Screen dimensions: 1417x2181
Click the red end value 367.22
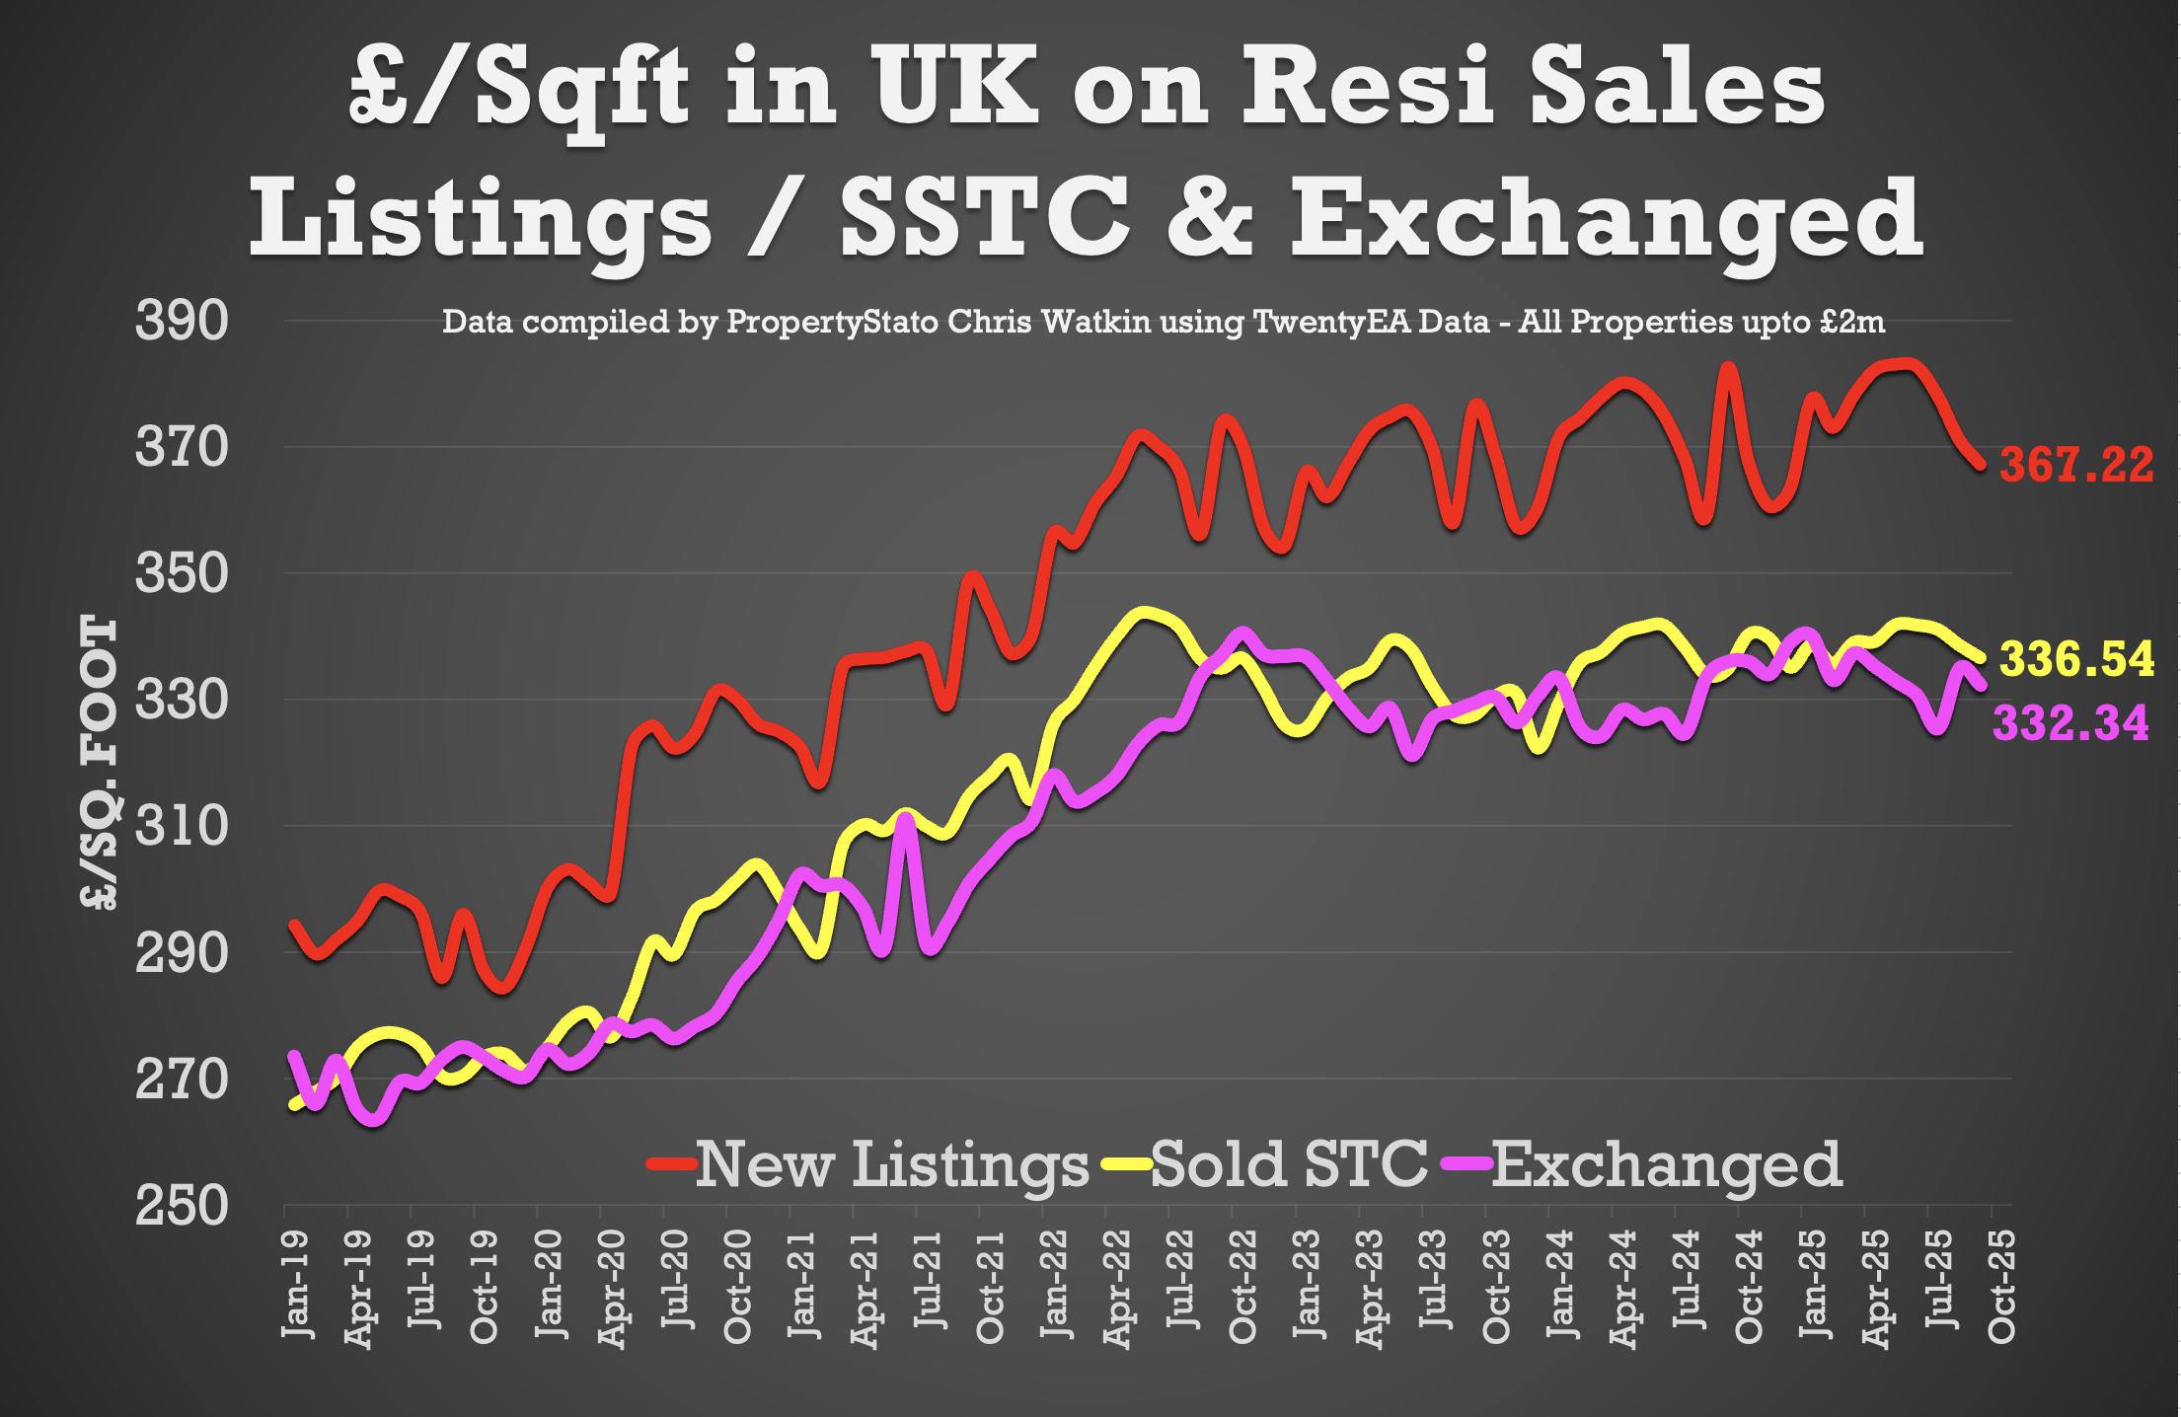[2075, 465]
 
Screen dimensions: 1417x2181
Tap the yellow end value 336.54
[2076, 659]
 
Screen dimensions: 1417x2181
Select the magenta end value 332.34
[2070, 723]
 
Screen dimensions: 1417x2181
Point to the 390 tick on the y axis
[182, 321]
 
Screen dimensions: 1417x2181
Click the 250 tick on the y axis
[182, 1205]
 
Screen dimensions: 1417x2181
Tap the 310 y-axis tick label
[182, 826]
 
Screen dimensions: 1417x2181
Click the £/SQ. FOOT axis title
[99, 762]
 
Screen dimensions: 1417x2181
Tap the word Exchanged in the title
[1607, 218]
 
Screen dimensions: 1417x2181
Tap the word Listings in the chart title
[480, 218]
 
